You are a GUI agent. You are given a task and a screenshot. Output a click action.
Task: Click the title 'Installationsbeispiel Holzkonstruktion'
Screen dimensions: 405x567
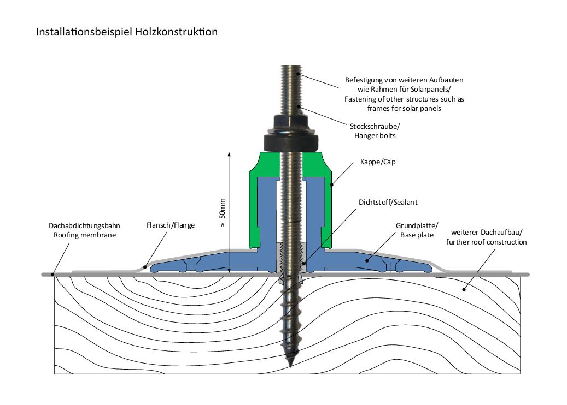pyautogui.click(x=126, y=32)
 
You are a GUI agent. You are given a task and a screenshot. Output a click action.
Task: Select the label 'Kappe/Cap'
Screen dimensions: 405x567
pyautogui.click(x=377, y=163)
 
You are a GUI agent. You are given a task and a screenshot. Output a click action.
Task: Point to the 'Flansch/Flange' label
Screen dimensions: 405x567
pyautogui.click(x=170, y=225)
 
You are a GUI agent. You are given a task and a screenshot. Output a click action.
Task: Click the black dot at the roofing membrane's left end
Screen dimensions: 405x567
pyautogui.click(x=52, y=274)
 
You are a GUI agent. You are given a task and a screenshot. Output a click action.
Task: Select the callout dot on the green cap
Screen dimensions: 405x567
pyautogui.click(x=331, y=184)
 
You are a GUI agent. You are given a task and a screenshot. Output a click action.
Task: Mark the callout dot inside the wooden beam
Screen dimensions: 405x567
pyautogui.click(x=464, y=289)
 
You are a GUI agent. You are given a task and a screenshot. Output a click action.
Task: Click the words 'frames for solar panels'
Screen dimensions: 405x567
pyautogui.click(x=405, y=109)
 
